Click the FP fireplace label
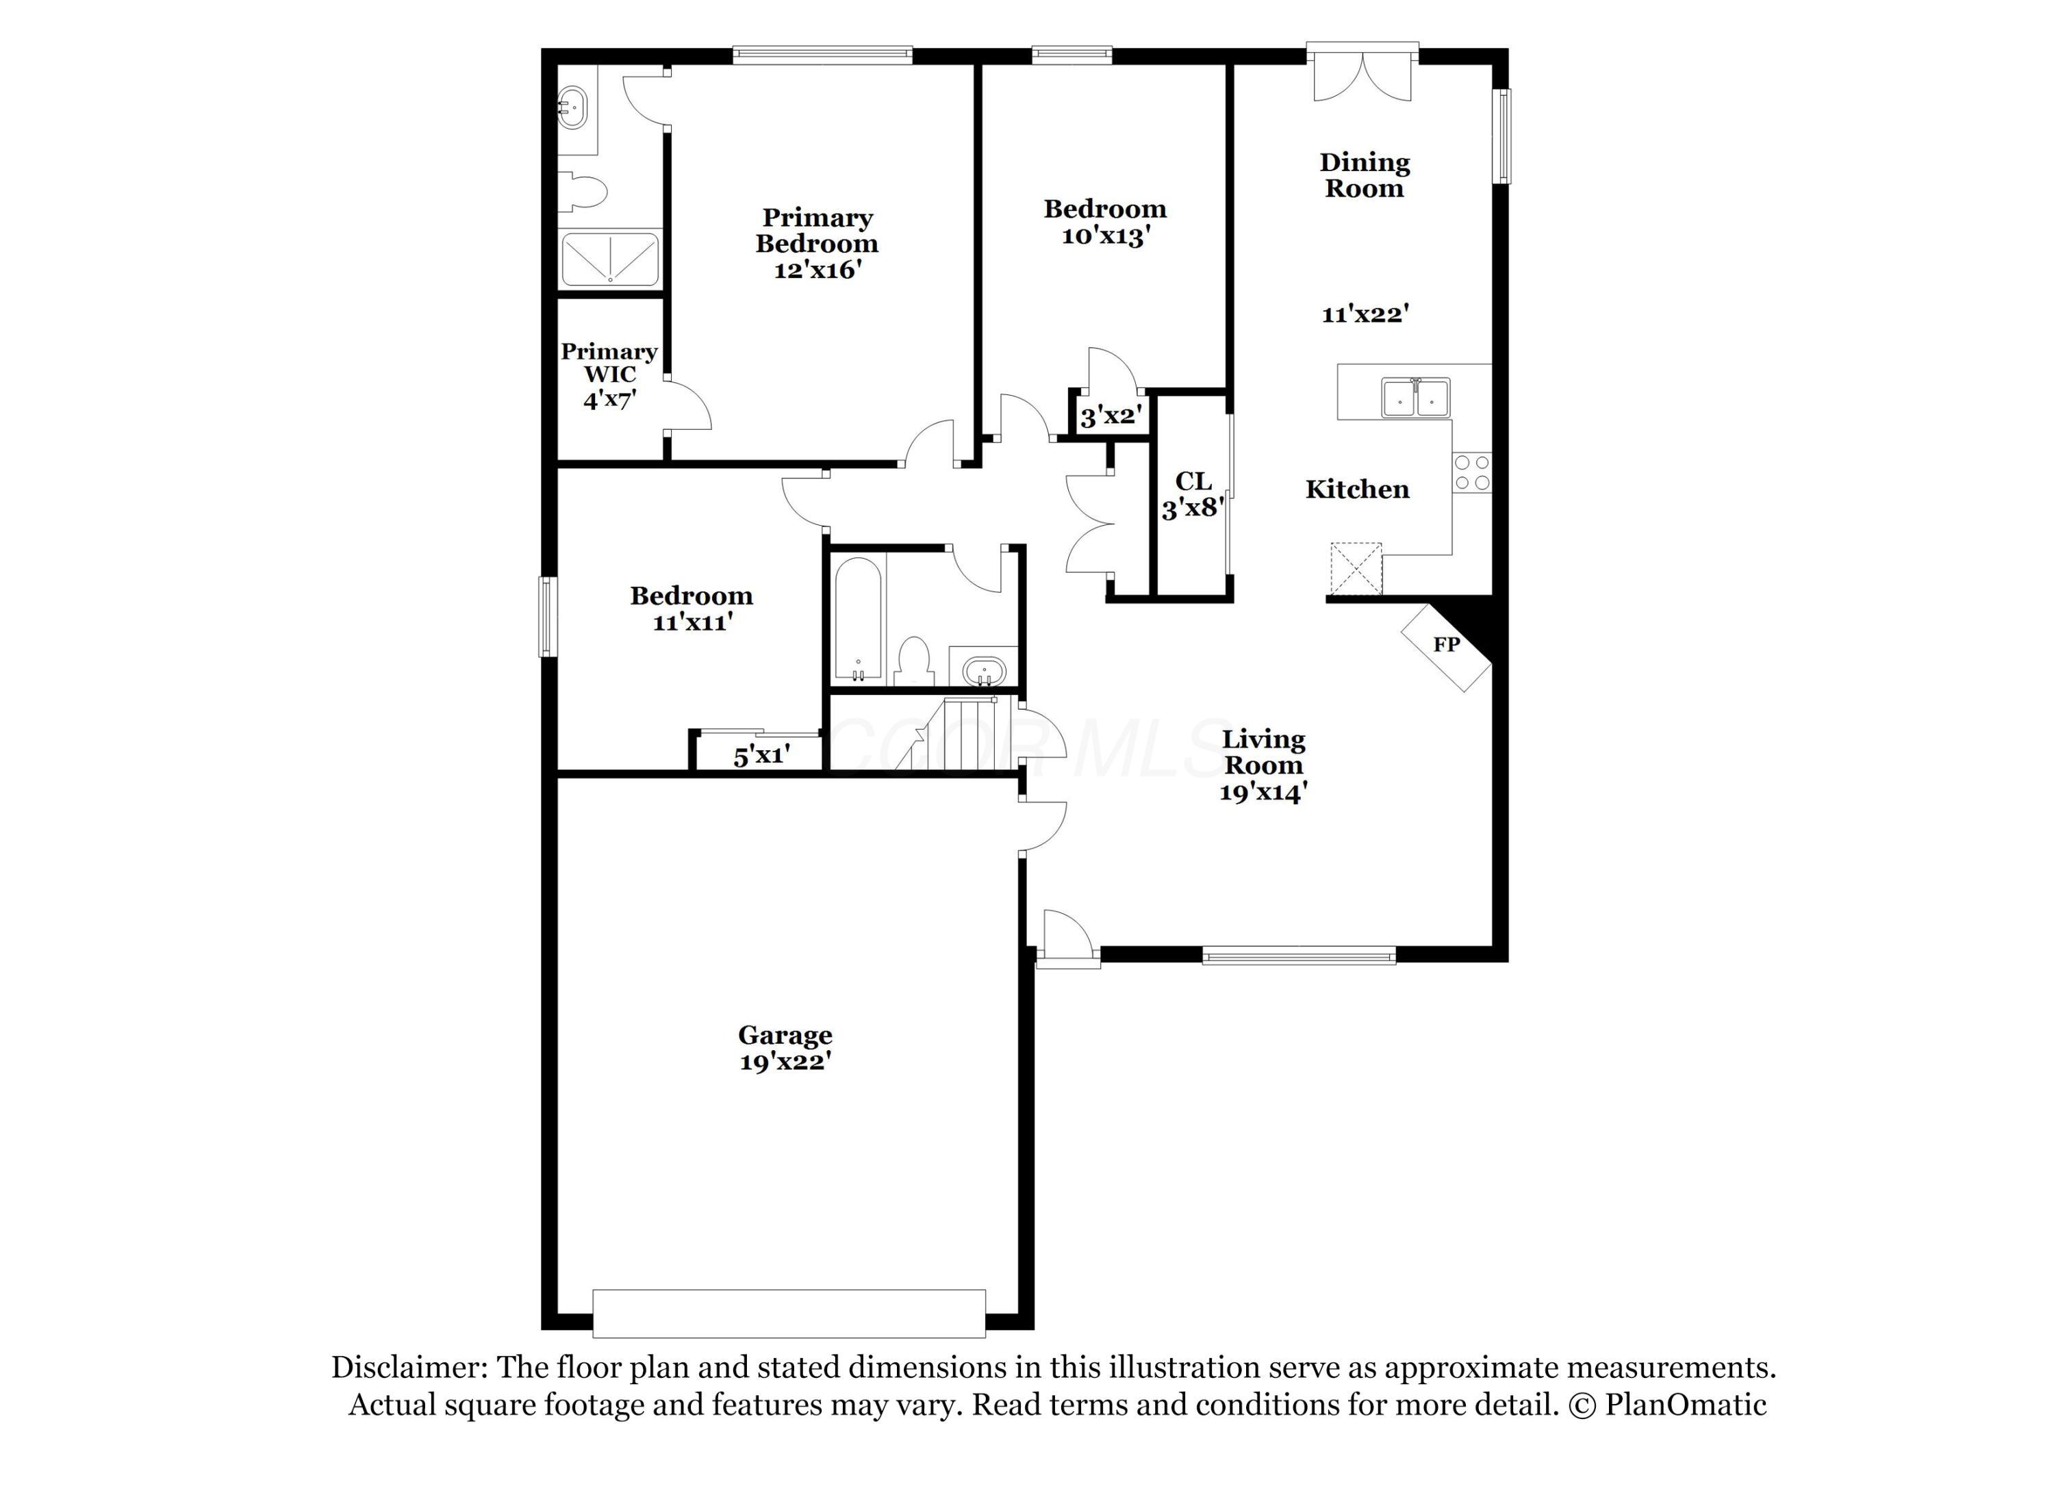click(x=1446, y=645)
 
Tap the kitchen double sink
click(x=1415, y=398)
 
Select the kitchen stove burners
click(x=1471, y=472)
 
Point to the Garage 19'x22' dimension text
click(x=785, y=1062)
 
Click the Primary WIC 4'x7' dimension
click(x=609, y=398)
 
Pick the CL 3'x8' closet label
click(x=1193, y=494)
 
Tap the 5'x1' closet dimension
click(x=761, y=755)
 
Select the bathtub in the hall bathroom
click(x=857, y=621)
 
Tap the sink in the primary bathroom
click(x=572, y=109)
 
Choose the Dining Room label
click(x=1364, y=176)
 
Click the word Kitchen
click(x=1356, y=490)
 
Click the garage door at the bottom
click(x=789, y=1314)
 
